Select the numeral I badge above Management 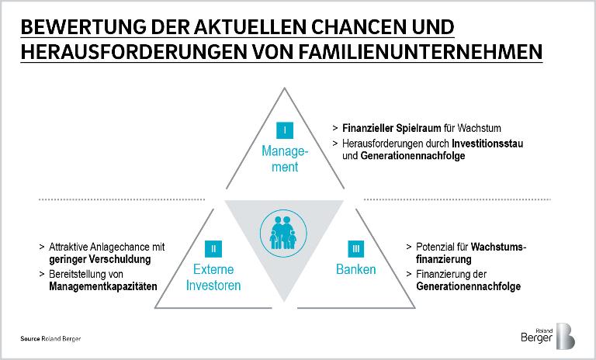(285, 129)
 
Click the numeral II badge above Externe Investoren (213, 248)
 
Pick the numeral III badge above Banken (356, 248)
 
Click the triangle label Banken (356, 270)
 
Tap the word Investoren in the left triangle (213, 285)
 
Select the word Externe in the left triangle (213, 270)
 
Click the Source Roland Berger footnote (50, 340)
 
